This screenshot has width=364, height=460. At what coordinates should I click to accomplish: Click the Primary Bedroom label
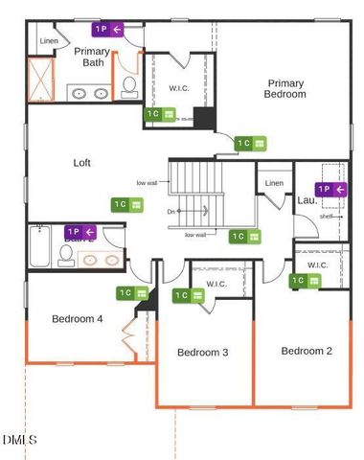point(286,89)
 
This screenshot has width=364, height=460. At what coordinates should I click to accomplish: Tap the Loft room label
point(82,163)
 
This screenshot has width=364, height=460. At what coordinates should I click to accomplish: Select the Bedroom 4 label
point(78,319)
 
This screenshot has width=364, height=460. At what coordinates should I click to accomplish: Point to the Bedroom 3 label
point(202,353)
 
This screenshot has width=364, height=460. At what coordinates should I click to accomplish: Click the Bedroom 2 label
point(307,351)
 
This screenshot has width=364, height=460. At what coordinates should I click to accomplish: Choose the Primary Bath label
point(93,57)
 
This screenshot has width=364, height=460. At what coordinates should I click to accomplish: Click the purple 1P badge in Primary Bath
point(108,30)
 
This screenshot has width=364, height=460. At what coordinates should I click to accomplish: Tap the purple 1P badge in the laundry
point(330,189)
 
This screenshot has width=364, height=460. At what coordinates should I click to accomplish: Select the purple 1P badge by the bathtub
point(80,232)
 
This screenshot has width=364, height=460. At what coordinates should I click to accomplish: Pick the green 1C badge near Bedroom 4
point(132,293)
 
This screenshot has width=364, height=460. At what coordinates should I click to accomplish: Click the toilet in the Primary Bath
point(129,87)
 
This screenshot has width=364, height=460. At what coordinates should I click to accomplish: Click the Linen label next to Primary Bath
point(49,41)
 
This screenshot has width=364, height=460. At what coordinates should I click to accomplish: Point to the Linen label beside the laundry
point(274,183)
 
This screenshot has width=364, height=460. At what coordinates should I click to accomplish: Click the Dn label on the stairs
point(171,212)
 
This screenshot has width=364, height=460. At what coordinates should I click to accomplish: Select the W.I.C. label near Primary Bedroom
point(179,89)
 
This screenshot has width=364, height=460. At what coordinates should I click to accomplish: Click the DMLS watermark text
point(19,440)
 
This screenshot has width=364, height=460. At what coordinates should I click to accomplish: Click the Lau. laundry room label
point(307,200)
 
